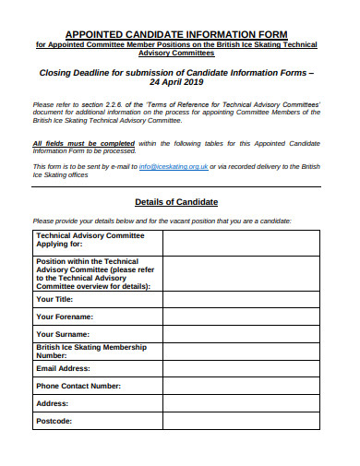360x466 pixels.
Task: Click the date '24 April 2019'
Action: [x=176, y=80]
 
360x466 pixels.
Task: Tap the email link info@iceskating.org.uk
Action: [x=173, y=165]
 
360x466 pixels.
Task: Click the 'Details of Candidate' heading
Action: [x=176, y=201]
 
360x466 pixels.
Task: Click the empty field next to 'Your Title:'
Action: [x=241, y=299]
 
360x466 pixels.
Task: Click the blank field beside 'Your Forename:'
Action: [x=241, y=317]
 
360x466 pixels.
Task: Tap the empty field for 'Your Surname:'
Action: [x=241, y=333]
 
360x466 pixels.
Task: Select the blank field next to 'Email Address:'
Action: [x=241, y=369]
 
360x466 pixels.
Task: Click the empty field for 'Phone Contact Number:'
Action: [x=241, y=386]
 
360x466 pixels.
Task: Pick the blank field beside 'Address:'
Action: [x=241, y=403]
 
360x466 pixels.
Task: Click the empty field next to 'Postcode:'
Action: [x=241, y=421]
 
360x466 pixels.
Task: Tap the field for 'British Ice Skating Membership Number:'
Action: [x=241, y=351]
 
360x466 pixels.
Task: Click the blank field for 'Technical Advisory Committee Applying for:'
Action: [x=241, y=243]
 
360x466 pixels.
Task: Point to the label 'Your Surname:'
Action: [x=63, y=334]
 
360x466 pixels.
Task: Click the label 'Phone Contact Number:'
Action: [x=78, y=386]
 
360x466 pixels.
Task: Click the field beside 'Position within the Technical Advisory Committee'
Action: [x=241, y=273]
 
